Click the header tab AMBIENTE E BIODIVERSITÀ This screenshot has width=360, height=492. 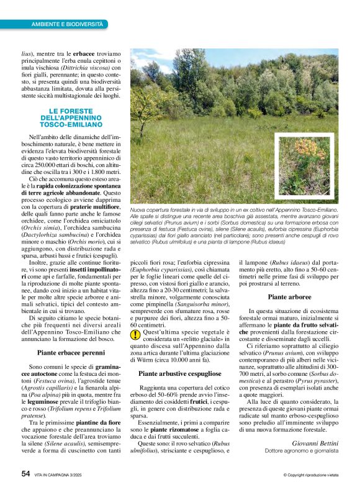click(67, 24)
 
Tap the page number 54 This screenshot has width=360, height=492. click(25, 473)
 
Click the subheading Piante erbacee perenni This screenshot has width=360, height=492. click(71, 352)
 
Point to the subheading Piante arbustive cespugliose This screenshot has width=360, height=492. click(179, 373)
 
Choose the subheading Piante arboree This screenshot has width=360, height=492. click(289, 297)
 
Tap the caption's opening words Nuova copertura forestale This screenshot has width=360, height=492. click(164, 211)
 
